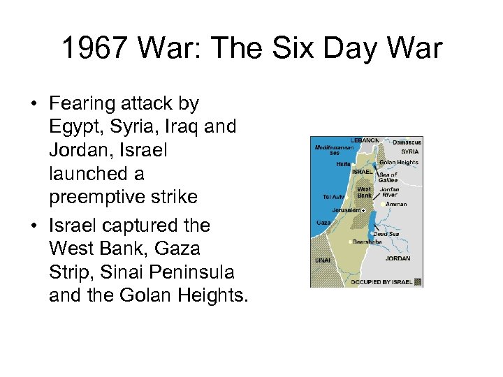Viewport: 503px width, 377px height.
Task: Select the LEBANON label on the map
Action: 365,140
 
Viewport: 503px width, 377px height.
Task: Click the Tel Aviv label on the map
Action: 333,197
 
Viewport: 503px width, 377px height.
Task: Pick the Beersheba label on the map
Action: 366,242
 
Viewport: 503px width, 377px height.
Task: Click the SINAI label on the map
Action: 322,260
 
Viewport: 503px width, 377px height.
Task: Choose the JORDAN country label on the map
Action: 398,258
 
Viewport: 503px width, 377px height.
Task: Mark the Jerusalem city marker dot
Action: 363,209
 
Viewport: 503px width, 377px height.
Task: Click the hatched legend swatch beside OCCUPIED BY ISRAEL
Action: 418,281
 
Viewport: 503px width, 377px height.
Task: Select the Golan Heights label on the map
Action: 398,163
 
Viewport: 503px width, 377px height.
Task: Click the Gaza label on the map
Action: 323,222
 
